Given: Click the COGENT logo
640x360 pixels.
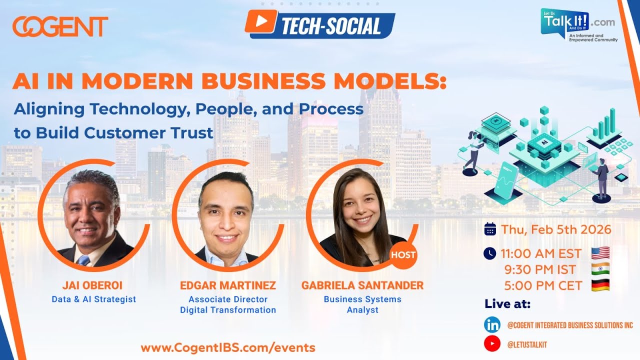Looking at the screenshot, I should [x=60, y=26].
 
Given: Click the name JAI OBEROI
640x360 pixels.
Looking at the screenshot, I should [x=92, y=285].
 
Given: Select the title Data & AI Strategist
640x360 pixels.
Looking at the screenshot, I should [x=93, y=299].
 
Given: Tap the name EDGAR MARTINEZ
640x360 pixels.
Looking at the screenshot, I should [x=228, y=285].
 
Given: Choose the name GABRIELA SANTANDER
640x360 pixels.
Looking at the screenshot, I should [x=362, y=285].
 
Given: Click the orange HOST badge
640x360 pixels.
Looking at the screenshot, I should [x=403, y=255].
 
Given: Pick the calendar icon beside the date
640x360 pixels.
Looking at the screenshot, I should [x=490, y=229].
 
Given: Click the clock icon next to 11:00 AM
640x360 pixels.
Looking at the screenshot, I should [x=490, y=253].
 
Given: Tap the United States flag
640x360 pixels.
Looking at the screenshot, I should [x=600, y=253].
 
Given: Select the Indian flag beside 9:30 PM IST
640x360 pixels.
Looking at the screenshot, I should [x=600, y=269].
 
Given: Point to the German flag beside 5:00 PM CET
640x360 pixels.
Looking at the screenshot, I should [x=600, y=285].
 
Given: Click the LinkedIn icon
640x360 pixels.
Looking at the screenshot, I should [x=492, y=325].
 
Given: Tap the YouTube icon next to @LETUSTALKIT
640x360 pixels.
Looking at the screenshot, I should [x=492, y=344].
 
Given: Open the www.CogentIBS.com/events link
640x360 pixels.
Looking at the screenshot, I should [x=228, y=348].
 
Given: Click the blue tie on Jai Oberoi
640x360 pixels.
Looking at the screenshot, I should [x=83, y=260].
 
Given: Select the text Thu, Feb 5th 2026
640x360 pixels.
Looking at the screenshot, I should [x=556, y=229].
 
